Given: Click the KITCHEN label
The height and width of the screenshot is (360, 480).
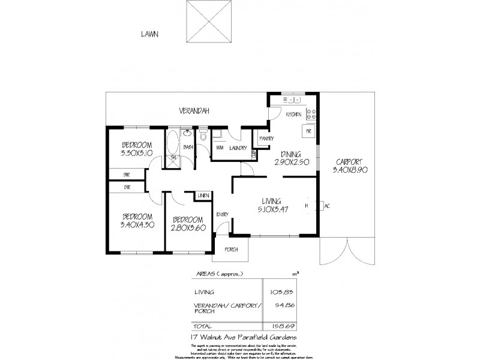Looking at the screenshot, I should (x=293, y=114).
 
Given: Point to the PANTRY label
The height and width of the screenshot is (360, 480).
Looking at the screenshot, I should (x=266, y=139).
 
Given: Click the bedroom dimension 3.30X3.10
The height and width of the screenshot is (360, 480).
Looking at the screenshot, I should (x=137, y=154).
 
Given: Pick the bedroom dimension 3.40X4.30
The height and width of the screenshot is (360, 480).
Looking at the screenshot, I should (x=137, y=225).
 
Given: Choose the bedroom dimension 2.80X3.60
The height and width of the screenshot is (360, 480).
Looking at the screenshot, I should (x=187, y=227).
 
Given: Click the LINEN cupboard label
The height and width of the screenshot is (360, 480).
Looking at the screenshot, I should (x=203, y=196).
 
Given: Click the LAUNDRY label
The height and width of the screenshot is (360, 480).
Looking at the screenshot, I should (x=237, y=148).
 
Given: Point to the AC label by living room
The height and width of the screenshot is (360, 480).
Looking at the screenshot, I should (x=327, y=206).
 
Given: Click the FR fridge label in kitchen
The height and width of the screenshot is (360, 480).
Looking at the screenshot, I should (x=308, y=131).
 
